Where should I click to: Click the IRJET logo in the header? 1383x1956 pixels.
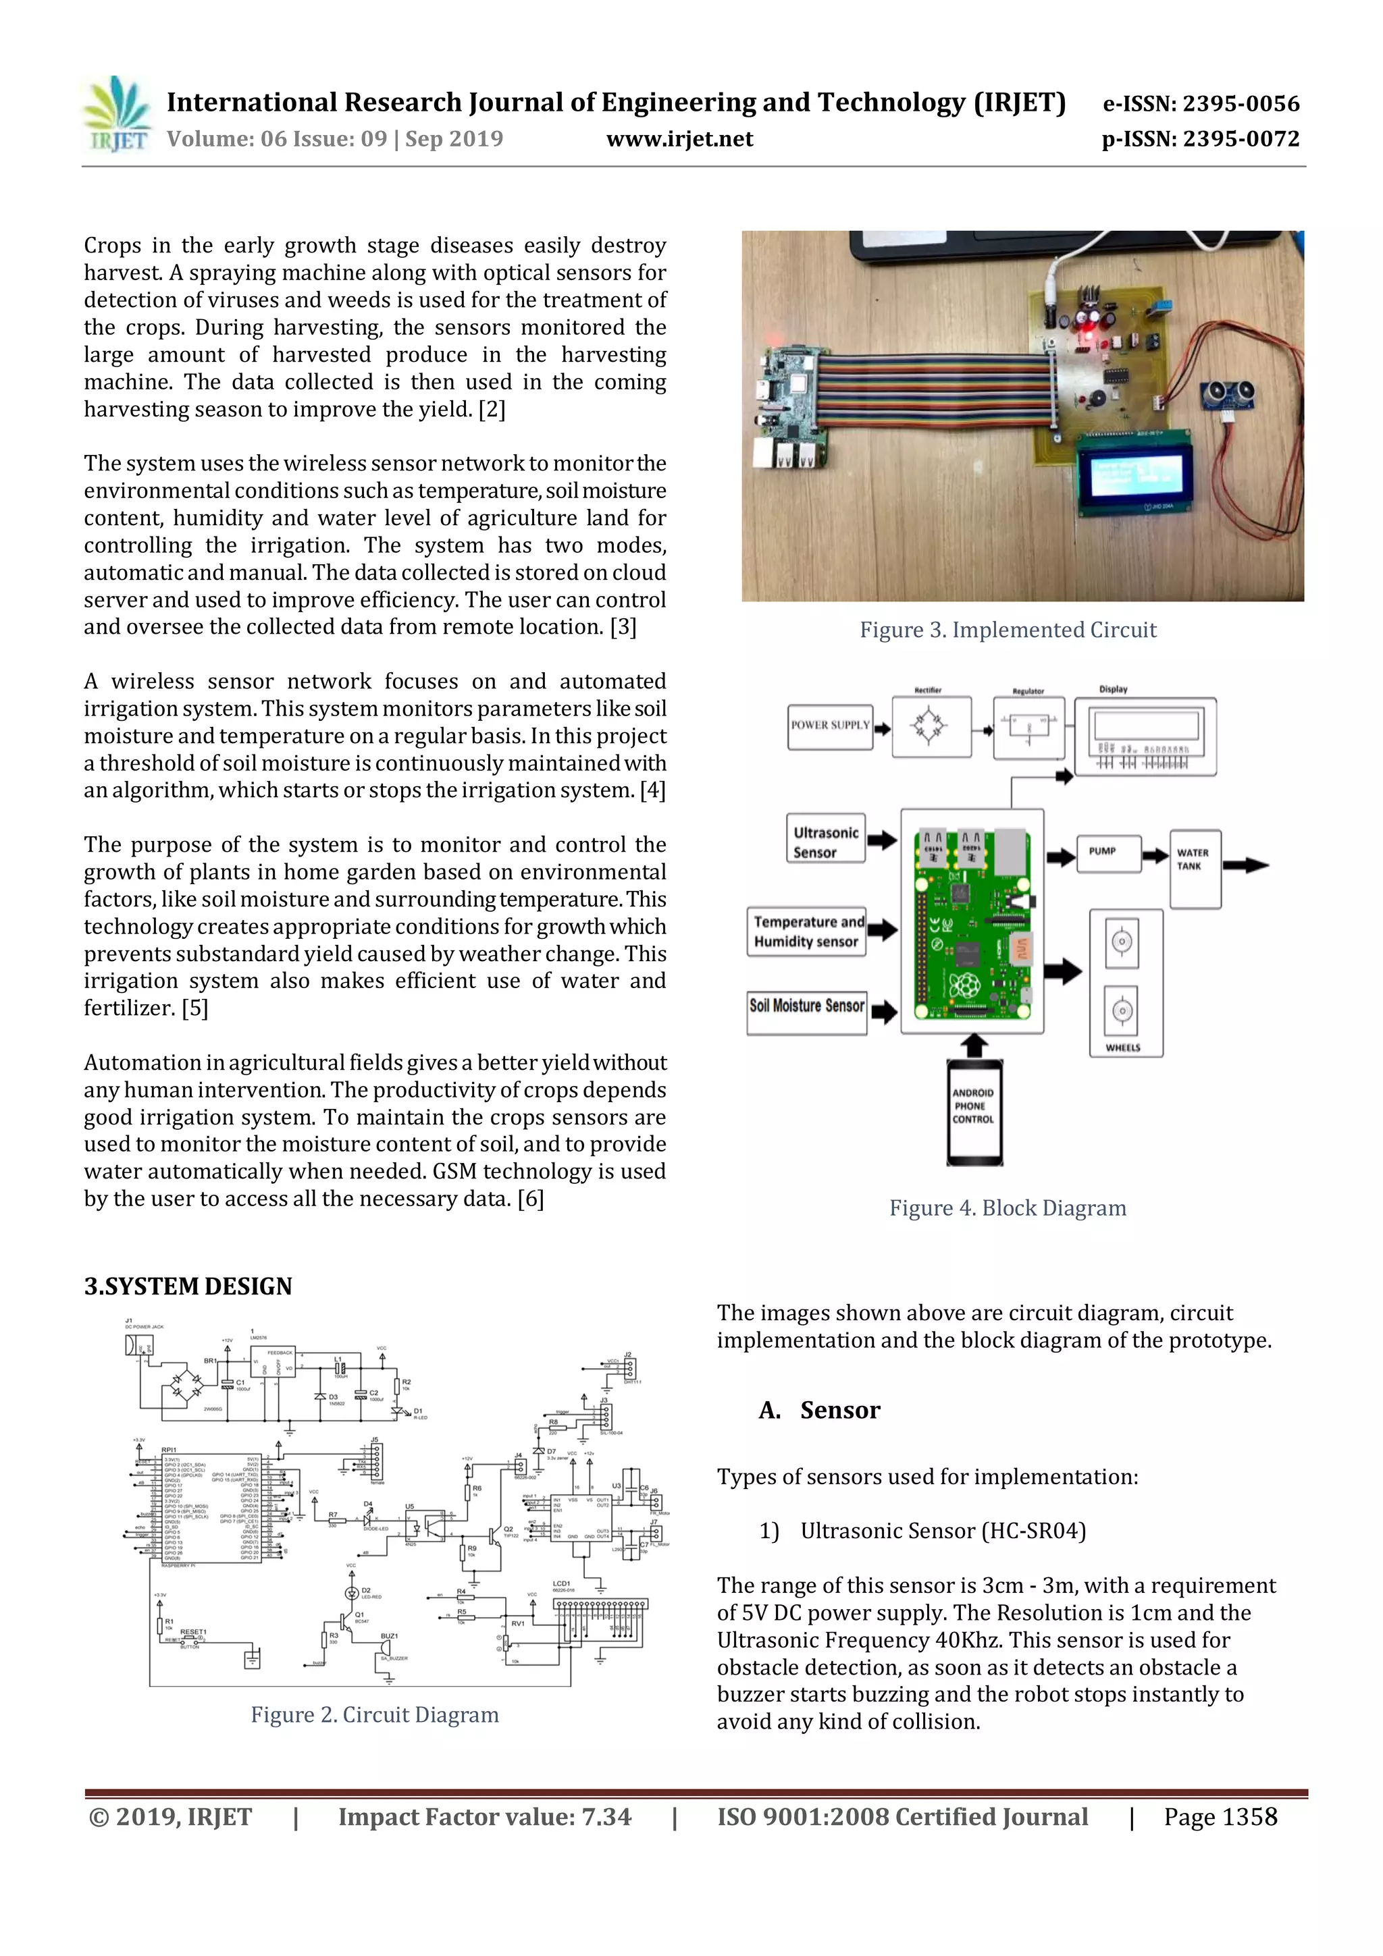(118, 115)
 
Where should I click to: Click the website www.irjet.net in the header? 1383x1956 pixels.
(679, 140)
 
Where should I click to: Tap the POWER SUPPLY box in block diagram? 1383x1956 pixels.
(830, 726)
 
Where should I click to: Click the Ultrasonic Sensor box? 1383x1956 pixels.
(825, 842)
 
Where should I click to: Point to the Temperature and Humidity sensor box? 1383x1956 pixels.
(807, 931)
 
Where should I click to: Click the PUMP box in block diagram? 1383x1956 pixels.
(1107, 851)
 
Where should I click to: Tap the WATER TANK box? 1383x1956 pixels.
(1195, 867)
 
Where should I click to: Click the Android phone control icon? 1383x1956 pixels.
(974, 1110)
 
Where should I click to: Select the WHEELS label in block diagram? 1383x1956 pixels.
(1124, 1047)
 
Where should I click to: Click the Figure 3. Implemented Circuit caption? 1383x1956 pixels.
(1008, 630)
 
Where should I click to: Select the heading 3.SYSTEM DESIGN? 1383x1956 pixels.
(188, 1286)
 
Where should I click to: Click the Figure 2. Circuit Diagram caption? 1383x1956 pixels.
(374, 1715)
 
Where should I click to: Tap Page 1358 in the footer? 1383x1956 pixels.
(1220, 1817)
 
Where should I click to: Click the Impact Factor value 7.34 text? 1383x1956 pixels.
(484, 1817)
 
